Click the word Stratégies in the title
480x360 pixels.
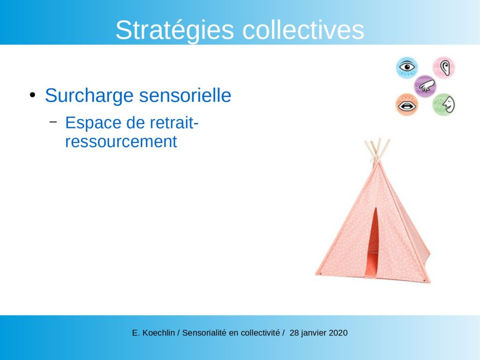pos(174,30)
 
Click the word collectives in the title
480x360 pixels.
pos(303,30)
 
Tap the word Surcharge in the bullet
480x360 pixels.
pos(90,96)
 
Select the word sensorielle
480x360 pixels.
pos(185,95)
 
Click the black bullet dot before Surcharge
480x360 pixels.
pos(32,95)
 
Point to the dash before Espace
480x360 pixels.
pos(53,122)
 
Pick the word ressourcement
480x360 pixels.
pos(121,142)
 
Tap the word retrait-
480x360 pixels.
pos(174,123)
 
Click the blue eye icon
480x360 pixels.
pos(407,67)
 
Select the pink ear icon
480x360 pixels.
pos(444,67)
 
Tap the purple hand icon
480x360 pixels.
pos(425,86)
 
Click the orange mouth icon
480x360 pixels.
pos(407,105)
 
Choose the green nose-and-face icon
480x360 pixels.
pos(444,105)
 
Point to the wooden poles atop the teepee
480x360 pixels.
pos(377,150)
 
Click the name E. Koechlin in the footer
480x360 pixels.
pos(153,333)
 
